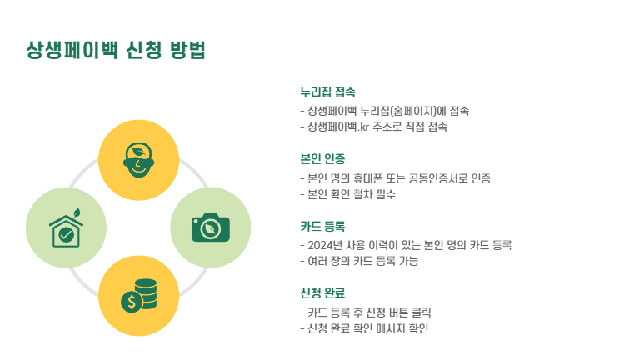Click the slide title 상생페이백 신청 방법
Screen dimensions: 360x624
tap(116, 51)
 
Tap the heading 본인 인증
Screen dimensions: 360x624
tap(322, 158)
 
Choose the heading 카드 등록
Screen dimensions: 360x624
tap(322, 226)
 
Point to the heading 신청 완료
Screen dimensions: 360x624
tap(322, 292)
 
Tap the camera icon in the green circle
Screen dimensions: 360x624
tap(211, 227)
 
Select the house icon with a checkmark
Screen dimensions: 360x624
tap(67, 228)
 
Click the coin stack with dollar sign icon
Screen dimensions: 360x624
tap(139, 295)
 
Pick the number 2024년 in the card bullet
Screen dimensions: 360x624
tap(325, 245)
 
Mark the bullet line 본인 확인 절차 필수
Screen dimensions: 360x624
tap(351, 194)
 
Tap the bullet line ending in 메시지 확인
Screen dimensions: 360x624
tap(367, 328)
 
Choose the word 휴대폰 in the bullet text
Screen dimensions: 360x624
tap(359, 178)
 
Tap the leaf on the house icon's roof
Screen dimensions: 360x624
tap(76, 212)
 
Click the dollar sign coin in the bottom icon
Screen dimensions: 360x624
tap(130, 302)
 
